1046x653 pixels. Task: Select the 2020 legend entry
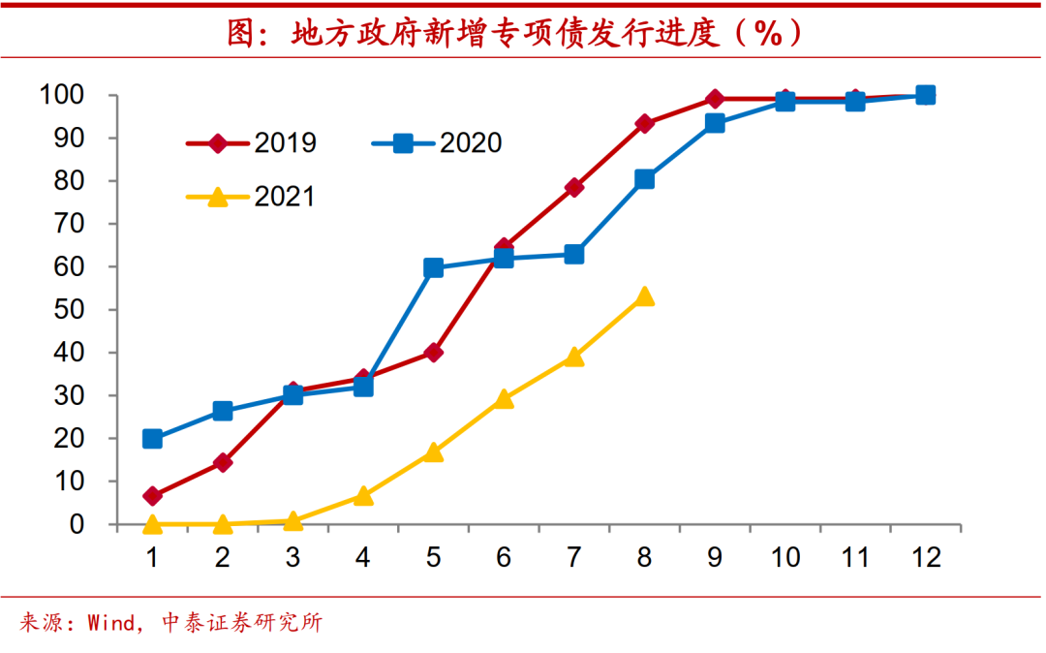(437, 143)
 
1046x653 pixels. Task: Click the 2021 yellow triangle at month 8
(644, 296)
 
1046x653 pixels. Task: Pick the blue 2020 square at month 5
(433, 268)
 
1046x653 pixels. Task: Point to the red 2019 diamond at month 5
(433, 353)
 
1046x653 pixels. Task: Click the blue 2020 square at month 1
(152, 439)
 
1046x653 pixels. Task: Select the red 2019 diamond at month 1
(152, 496)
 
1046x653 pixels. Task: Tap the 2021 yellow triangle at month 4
(363, 496)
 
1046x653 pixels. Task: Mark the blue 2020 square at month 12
(925, 95)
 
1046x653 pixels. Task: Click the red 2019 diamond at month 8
(644, 124)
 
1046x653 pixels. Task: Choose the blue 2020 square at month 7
(573, 255)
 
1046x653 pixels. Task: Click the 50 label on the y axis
(77, 310)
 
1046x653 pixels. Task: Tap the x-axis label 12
(925, 559)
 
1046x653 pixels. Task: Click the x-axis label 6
(504, 559)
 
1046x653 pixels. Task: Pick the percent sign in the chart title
(767, 35)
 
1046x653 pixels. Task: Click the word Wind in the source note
(108, 623)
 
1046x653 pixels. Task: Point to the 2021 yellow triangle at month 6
(504, 398)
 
